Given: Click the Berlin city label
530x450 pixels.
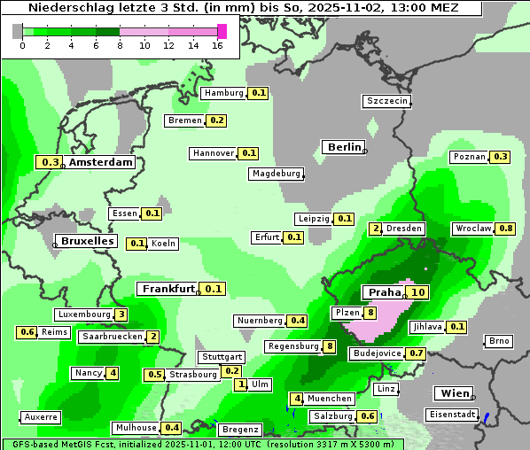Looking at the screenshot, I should point(344,147).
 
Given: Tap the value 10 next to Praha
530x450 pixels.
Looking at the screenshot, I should point(418,292).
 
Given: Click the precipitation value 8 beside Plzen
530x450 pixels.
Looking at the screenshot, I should point(370,313).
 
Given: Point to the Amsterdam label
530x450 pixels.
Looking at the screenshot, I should point(100,162).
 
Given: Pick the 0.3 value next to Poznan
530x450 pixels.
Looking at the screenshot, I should point(501,157).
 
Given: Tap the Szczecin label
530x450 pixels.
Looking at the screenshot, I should point(386,101).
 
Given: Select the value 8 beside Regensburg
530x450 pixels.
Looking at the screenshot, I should point(330,346).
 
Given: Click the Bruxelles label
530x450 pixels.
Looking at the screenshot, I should point(86,241).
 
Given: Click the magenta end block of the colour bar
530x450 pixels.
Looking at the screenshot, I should point(222,31).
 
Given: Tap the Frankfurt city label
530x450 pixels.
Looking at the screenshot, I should point(168,289).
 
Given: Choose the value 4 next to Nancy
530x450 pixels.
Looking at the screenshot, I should point(113,373).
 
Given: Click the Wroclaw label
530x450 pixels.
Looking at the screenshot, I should point(472,229).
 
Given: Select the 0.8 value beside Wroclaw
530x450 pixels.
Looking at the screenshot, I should point(506,229).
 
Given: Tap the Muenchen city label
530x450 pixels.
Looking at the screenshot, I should point(331,399).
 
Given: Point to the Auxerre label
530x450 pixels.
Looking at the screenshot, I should point(41,416).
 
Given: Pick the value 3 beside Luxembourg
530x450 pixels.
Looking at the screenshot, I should point(121,314).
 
